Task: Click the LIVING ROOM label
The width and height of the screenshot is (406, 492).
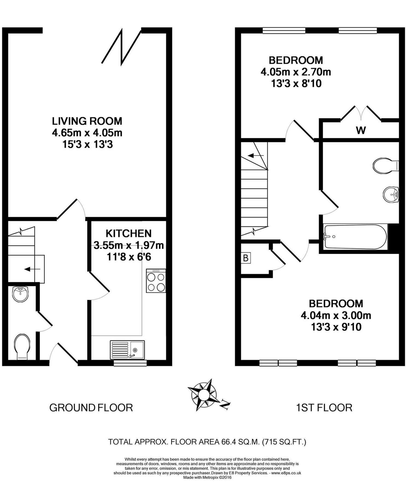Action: [87, 121]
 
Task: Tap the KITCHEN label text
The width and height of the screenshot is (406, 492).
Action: [128, 233]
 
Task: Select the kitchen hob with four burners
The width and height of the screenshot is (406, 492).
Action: [156, 281]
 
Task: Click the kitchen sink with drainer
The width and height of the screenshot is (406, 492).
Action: [127, 350]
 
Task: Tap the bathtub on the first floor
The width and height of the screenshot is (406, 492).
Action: [355, 237]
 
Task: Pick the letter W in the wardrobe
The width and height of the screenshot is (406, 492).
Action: [361, 130]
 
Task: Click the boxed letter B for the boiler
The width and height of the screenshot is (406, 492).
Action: [246, 258]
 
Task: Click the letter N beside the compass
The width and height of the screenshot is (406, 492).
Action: [226, 405]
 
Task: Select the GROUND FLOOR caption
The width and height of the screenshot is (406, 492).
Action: [91, 408]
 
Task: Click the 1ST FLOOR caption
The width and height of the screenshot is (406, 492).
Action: [324, 408]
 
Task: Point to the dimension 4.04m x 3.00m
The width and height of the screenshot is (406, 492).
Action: [336, 315]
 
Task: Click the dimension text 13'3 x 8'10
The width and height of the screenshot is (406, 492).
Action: [296, 83]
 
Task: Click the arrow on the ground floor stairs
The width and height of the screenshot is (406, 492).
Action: [32, 270]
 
